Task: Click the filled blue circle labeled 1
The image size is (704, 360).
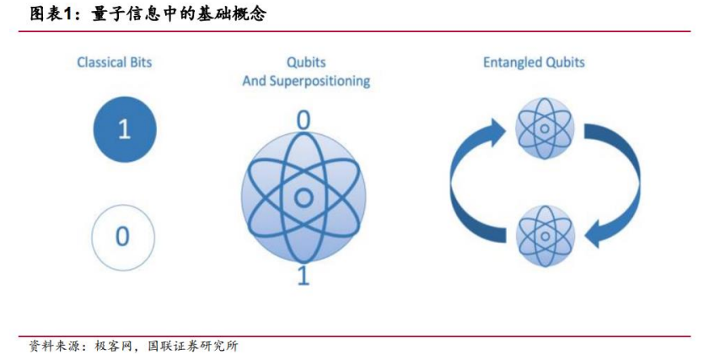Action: click(x=125, y=129)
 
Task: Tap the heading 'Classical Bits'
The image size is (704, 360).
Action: click(x=114, y=62)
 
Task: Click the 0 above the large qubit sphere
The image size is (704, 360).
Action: click(x=304, y=121)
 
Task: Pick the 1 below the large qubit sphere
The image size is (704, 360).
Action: click(x=304, y=275)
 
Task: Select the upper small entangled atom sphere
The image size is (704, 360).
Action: click(x=545, y=129)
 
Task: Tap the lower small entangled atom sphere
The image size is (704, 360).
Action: click(x=545, y=237)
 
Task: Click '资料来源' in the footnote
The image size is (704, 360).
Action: click(x=52, y=346)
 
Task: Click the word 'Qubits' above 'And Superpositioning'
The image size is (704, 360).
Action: click(x=306, y=62)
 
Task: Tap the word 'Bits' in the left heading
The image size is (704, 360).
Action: click(x=141, y=62)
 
